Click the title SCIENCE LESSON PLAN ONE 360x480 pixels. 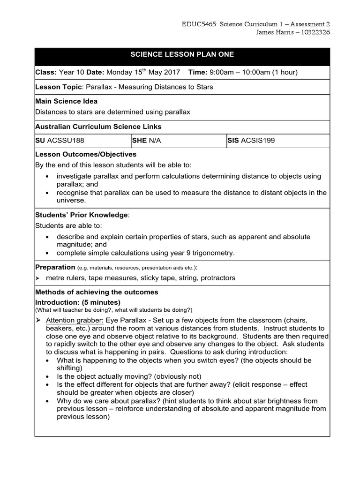click(x=182, y=55)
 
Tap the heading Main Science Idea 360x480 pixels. click(x=66, y=101)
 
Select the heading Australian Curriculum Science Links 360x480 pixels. click(x=98, y=127)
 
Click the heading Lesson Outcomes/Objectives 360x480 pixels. click(x=86, y=154)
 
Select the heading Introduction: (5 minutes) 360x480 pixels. click(x=78, y=302)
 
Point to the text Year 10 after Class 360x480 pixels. click(x=71, y=72)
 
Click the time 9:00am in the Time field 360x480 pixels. click(x=219, y=72)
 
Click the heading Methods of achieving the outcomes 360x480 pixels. click(x=97, y=292)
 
